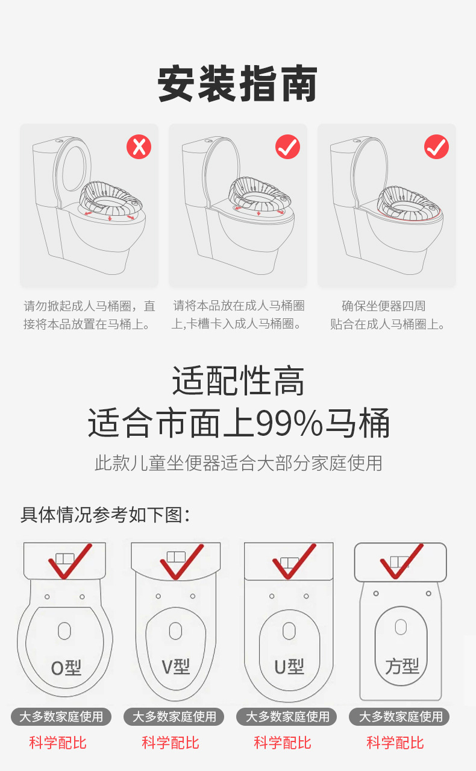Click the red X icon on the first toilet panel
pyautogui.click(x=139, y=146)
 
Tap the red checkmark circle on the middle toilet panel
pyautogui.click(x=287, y=146)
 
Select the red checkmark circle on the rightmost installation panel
pyautogui.click(x=436, y=146)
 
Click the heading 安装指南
pyautogui.click(x=238, y=85)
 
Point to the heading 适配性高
pyautogui.click(x=238, y=381)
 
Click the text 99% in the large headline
pyautogui.click(x=289, y=423)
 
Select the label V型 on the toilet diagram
pyautogui.click(x=175, y=667)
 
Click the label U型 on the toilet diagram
pyautogui.click(x=289, y=667)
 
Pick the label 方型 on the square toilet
pyautogui.click(x=402, y=667)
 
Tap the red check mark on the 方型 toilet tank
pyautogui.click(x=401, y=561)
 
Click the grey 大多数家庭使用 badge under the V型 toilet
pyautogui.click(x=174, y=717)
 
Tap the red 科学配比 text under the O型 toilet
pyautogui.click(x=58, y=743)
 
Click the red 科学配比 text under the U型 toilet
pyautogui.click(x=283, y=743)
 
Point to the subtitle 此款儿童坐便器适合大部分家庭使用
pyautogui.click(x=238, y=463)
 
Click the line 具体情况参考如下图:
pyautogui.click(x=105, y=515)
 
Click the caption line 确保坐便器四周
pyautogui.click(x=383, y=306)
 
